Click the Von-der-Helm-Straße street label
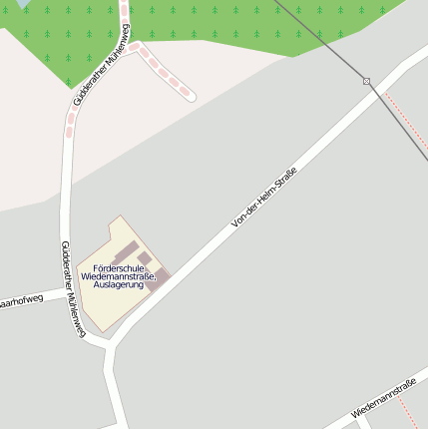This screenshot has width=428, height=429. (264, 198)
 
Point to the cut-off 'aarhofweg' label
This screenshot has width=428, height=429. (22, 298)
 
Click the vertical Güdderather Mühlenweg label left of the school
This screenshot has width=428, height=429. (70, 287)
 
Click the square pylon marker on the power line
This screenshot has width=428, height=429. (367, 81)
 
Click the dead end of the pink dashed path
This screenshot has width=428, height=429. (190, 96)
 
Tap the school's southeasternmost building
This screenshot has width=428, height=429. (161, 279)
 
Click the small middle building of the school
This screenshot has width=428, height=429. (145, 260)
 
